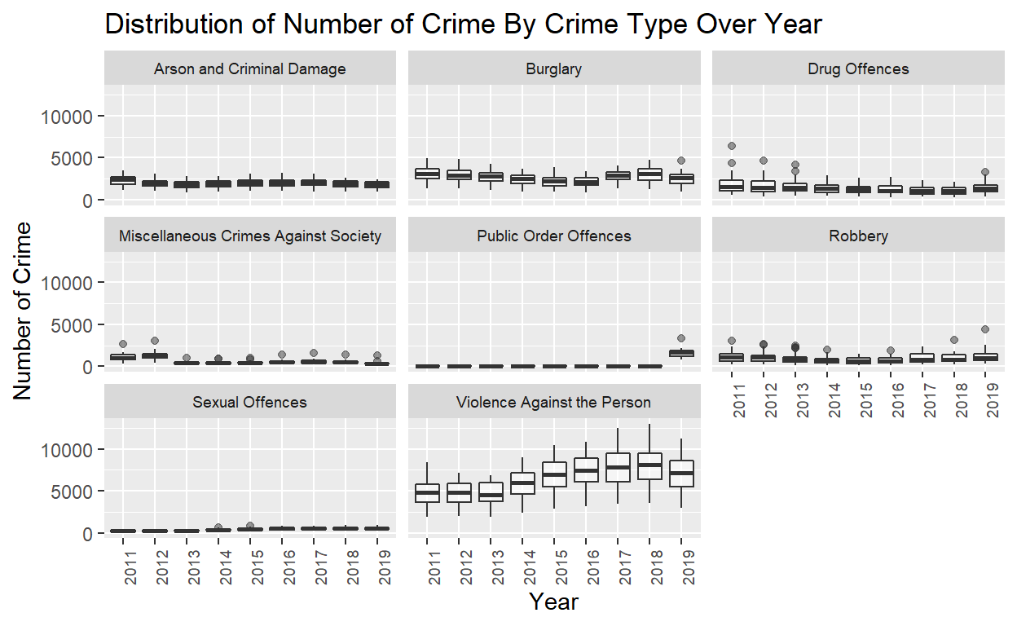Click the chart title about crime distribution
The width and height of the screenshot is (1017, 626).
[x=464, y=24]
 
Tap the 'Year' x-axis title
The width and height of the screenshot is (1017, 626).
[x=553, y=602]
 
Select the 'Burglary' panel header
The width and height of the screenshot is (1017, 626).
[x=553, y=69]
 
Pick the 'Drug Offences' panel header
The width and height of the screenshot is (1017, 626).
[x=858, y=69]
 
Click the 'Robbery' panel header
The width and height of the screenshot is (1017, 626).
[x=858, y=236]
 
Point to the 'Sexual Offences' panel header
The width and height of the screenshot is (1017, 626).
[x=249, y=403]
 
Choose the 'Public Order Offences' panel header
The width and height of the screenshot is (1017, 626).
[x=553, y=236]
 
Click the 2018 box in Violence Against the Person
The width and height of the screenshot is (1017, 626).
[x=649, y=466]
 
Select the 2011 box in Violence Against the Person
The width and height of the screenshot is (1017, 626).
[x=427, y=493]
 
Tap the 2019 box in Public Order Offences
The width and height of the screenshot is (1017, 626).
[x=681, y=353]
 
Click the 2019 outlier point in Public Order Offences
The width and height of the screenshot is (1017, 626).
[x=681, y=338]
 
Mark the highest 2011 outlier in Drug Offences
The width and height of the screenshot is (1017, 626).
[x=732, y=146]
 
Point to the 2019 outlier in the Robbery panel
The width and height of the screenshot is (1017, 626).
[x=985, y=329]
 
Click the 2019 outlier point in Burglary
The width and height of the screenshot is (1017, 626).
[x=681, y=161]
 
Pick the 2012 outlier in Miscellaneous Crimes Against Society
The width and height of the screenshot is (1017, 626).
[x=154, y=341]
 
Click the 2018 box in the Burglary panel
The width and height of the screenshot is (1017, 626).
[x=649, y=174]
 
